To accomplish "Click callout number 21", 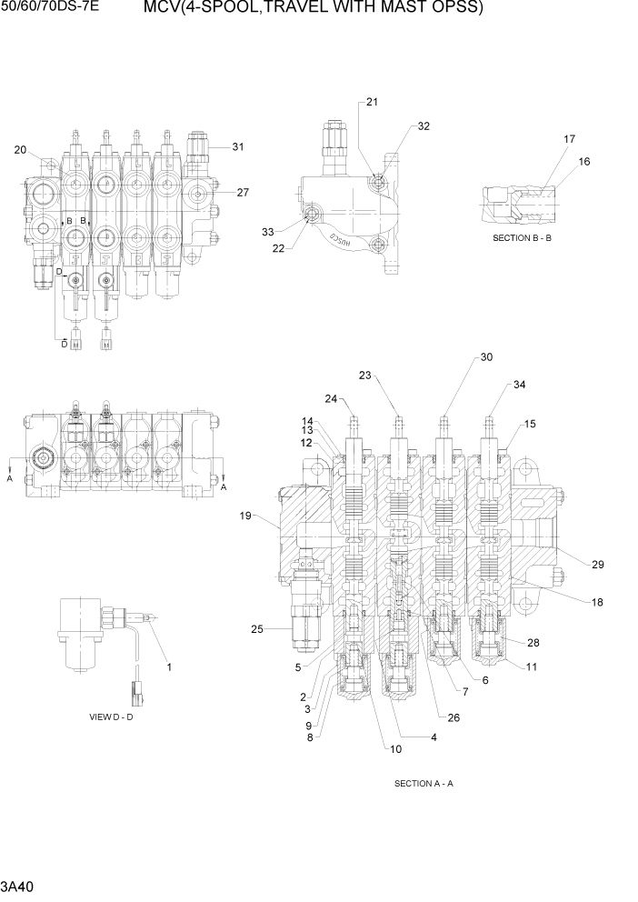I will [372, 103].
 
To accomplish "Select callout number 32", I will [424, 126].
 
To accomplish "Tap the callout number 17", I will [569, 139].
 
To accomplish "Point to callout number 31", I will [238, 146].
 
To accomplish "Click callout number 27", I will [243, 192].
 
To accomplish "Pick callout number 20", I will [20, 150].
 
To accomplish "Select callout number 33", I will [267, 232].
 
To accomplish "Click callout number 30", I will [486, 357].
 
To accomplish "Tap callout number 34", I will [519, 385].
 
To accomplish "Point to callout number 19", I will [245, 516].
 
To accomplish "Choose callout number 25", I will [256, 628].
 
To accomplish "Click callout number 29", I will [598, 565].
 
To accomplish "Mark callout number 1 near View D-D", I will [169, 667].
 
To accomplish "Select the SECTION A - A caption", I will [424, 783].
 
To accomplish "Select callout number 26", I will [454, 717].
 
